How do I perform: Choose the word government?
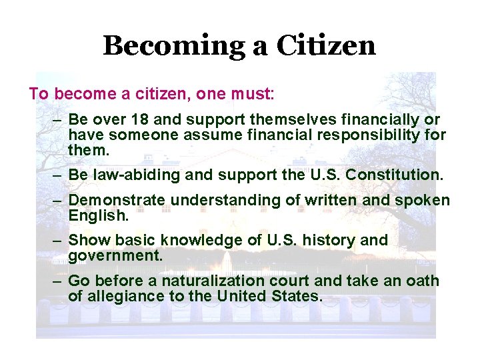tap(115, 256)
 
